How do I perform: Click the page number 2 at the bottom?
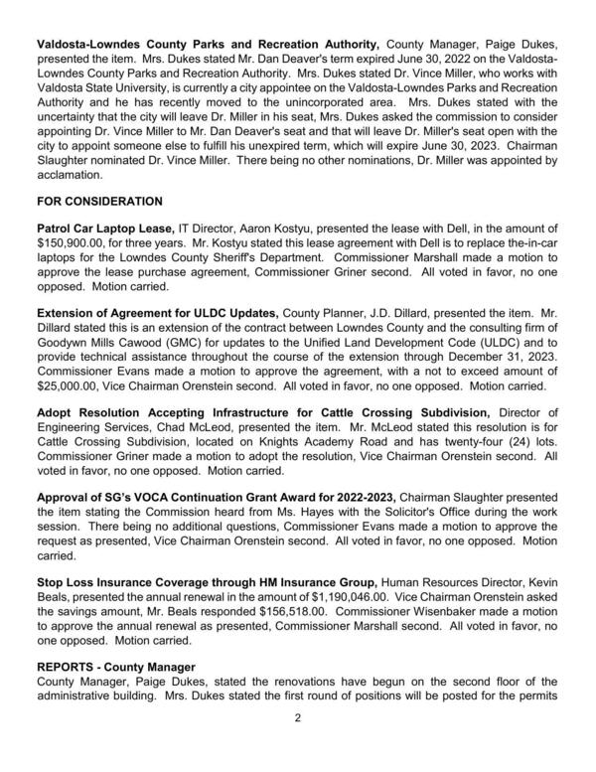(298, 746)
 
